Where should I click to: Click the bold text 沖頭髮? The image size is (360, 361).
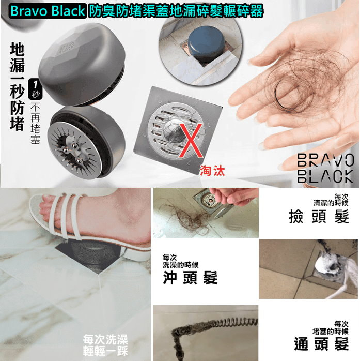[190, 277]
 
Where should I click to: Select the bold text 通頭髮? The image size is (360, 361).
[321, 343]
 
